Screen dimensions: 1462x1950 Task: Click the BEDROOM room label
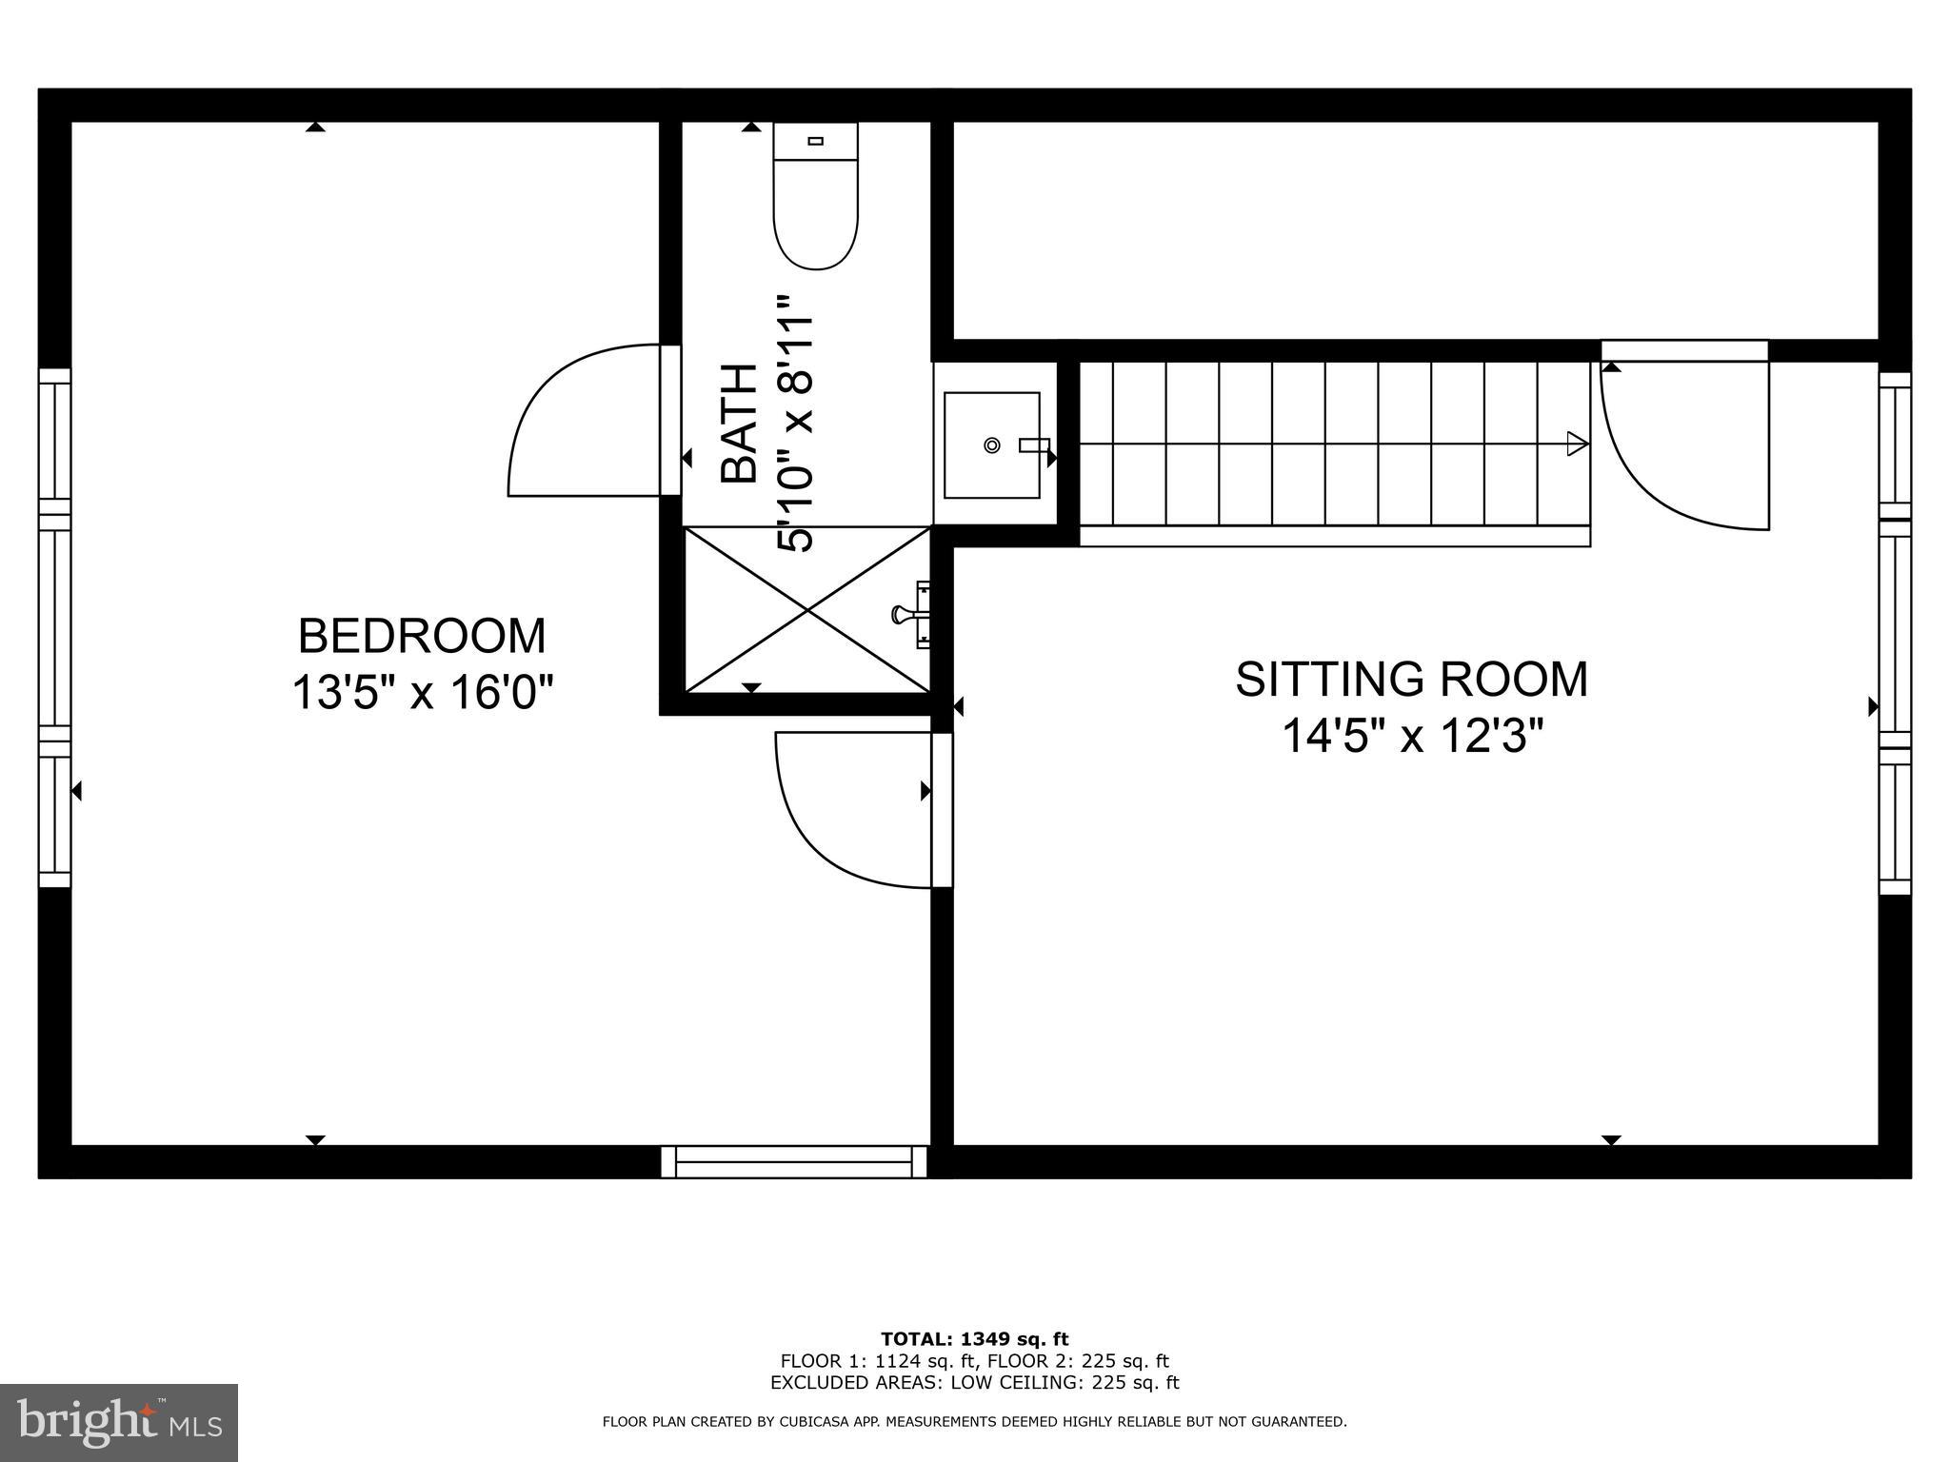pyautogui.click(x=422, y=636)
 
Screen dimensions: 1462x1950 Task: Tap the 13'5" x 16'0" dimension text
pyautogui.click(x=422, y=692)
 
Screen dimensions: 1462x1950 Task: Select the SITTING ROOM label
pyautogui.click(x=1411, y=680)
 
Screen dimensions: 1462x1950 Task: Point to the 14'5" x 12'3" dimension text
pyautogui.click(x=1411, y=736)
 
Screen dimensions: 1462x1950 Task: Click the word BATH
pyautogui.click(x=739, y=424)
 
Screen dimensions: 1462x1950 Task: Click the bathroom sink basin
pyautogui.click(x=991, y=445)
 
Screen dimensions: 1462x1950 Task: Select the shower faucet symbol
pyautogui.click(x=909, y=615)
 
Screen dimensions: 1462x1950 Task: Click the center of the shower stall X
pyautogui.click(x=807, y=609)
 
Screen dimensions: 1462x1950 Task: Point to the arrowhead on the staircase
pyautogui.click(x=1577, y=444)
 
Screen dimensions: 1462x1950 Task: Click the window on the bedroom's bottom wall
pyautogui.click(x=794, y=1161)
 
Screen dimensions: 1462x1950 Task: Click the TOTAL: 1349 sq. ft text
pyautogui.click(x=974, y=1339)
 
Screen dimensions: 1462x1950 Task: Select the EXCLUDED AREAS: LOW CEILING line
pyautogui.click(x=974, y=1382)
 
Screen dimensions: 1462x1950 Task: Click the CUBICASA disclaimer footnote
pyautogui.click(x=974, y=1422)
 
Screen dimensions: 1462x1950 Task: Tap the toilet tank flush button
pyautogui.click(x=815, y=141)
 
